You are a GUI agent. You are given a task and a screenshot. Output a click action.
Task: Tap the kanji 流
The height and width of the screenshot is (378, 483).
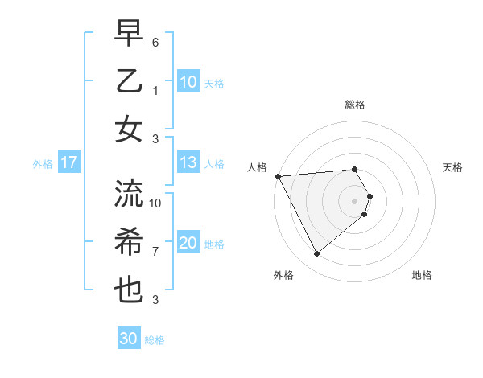tap(129, 193)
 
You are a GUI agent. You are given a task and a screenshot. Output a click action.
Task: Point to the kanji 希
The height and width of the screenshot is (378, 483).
tap(129, 241)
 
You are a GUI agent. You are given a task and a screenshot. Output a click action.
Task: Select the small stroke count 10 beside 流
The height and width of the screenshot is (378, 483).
tap(156, 203)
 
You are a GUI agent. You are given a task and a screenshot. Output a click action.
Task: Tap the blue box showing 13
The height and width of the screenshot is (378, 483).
tap(188, 163)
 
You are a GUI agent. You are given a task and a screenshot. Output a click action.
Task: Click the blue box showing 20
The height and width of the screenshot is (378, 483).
tap(188, 244)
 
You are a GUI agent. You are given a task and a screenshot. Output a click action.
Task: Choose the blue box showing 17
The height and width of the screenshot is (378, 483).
tap(69, 163)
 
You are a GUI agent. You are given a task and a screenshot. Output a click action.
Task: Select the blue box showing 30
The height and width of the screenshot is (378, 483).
tap(129, 339)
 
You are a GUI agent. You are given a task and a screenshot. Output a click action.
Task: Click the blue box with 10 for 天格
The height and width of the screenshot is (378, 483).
tap(188, 82)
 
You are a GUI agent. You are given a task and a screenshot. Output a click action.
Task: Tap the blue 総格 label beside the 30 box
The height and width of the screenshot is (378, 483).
tap(155, 340)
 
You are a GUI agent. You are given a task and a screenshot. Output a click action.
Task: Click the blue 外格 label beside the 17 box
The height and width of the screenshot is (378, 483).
tap(43, 164)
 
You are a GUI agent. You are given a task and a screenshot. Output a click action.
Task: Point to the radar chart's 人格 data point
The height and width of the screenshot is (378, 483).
tap(278, 175)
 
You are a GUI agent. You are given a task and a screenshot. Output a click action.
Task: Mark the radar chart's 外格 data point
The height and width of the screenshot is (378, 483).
tap(316, 254)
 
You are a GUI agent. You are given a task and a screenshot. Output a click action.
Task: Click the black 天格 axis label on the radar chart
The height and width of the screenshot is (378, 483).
tap(453, 167)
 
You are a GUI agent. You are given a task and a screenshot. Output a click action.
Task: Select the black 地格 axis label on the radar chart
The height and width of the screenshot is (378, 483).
tap(422, 275)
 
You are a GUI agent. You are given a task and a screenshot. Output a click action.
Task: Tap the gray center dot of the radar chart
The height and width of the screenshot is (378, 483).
tap(355, 199)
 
